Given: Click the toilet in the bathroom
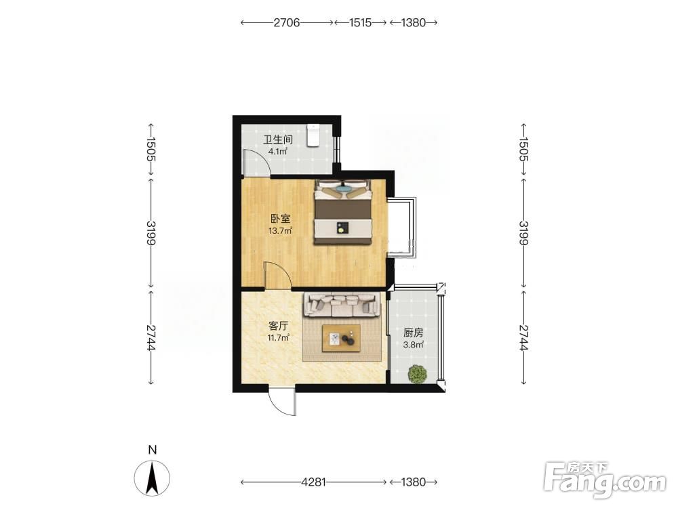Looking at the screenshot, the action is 313,135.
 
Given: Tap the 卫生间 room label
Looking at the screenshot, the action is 278,140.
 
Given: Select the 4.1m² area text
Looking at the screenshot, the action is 277,151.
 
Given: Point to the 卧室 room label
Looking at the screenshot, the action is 280,219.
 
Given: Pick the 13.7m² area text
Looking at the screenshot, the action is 280,231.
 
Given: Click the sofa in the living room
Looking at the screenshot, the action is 342,304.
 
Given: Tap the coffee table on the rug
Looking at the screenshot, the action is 342,339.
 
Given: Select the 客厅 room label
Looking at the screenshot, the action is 278,326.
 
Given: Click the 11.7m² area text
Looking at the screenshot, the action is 278,338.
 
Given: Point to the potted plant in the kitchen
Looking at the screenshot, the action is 417,374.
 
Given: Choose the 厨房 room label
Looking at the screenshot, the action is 413,333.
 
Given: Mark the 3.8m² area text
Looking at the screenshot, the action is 413,345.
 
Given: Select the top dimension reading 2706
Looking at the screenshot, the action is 287,22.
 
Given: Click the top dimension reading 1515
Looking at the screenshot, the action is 360,22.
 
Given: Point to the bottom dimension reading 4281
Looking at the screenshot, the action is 313,482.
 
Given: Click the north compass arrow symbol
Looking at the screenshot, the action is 152,478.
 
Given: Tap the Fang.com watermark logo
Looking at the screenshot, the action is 605,480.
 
